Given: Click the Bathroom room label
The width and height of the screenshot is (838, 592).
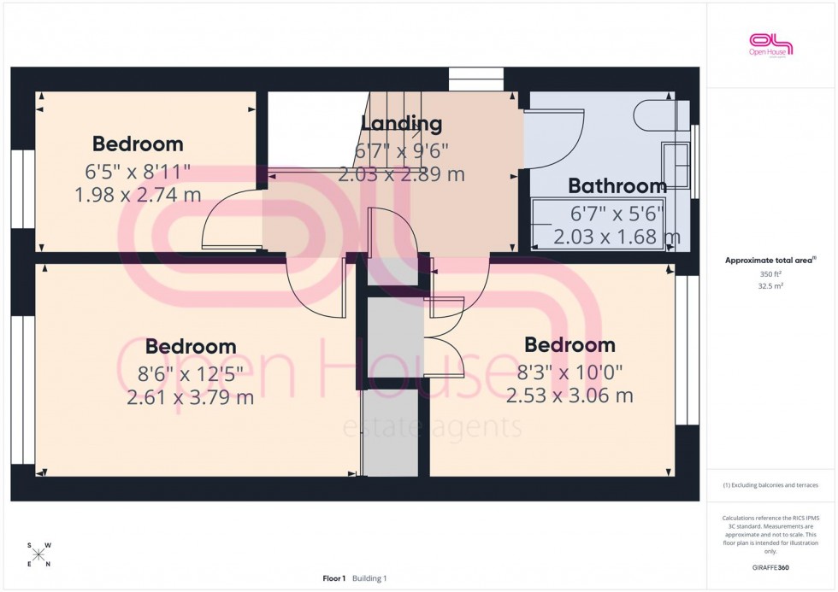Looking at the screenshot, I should pos(617,185).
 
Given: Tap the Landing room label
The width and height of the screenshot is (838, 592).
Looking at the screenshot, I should pos(401,123).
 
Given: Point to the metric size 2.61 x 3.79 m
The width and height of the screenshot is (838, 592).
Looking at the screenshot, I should pos(190,397).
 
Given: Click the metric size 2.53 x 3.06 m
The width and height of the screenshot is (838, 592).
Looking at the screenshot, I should pos(569,396).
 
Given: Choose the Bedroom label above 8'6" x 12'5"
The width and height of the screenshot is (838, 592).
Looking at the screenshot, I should pos(190,346).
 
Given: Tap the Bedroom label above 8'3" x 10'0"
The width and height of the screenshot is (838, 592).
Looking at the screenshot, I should pos(569,344).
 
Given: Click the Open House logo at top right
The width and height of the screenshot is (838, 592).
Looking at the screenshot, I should pos(770,44).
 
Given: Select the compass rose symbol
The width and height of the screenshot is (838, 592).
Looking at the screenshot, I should pos(38,554).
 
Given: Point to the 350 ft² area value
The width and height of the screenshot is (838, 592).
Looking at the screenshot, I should pos(770,274).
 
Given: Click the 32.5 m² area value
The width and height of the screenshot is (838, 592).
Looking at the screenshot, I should pos(770,286).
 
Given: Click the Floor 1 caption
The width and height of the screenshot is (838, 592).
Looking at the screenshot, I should pos(333,578).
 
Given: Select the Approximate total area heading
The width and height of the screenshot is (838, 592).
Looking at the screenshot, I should pos(770,261).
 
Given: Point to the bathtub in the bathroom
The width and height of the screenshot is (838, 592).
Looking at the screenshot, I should pos(599,225).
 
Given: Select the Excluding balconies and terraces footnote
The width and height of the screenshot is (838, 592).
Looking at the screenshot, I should pos(770,485).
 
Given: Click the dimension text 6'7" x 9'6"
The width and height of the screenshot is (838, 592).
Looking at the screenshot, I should pos(401,151).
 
